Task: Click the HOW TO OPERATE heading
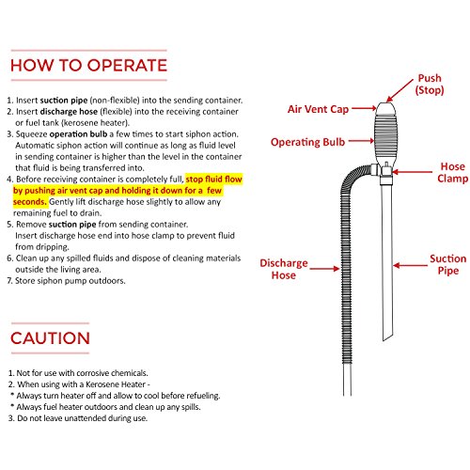[88, 66]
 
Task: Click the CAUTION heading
[50, 338]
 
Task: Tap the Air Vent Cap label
[318, 109]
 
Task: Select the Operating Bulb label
[307, 142]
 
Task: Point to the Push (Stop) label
[430, 84]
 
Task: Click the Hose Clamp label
[453, 172]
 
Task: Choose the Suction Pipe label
[448, 264]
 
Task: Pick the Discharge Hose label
[284, 269]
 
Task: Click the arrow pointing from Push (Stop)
[399, 90]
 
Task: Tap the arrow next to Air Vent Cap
[364, 109]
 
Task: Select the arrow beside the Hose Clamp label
[412, 172]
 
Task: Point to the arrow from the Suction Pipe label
[410, 265]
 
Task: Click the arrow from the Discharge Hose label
[324, 269]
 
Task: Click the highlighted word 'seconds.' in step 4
[30, 202]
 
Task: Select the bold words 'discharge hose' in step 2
[69, 112]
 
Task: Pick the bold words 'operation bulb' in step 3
[78, 134]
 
